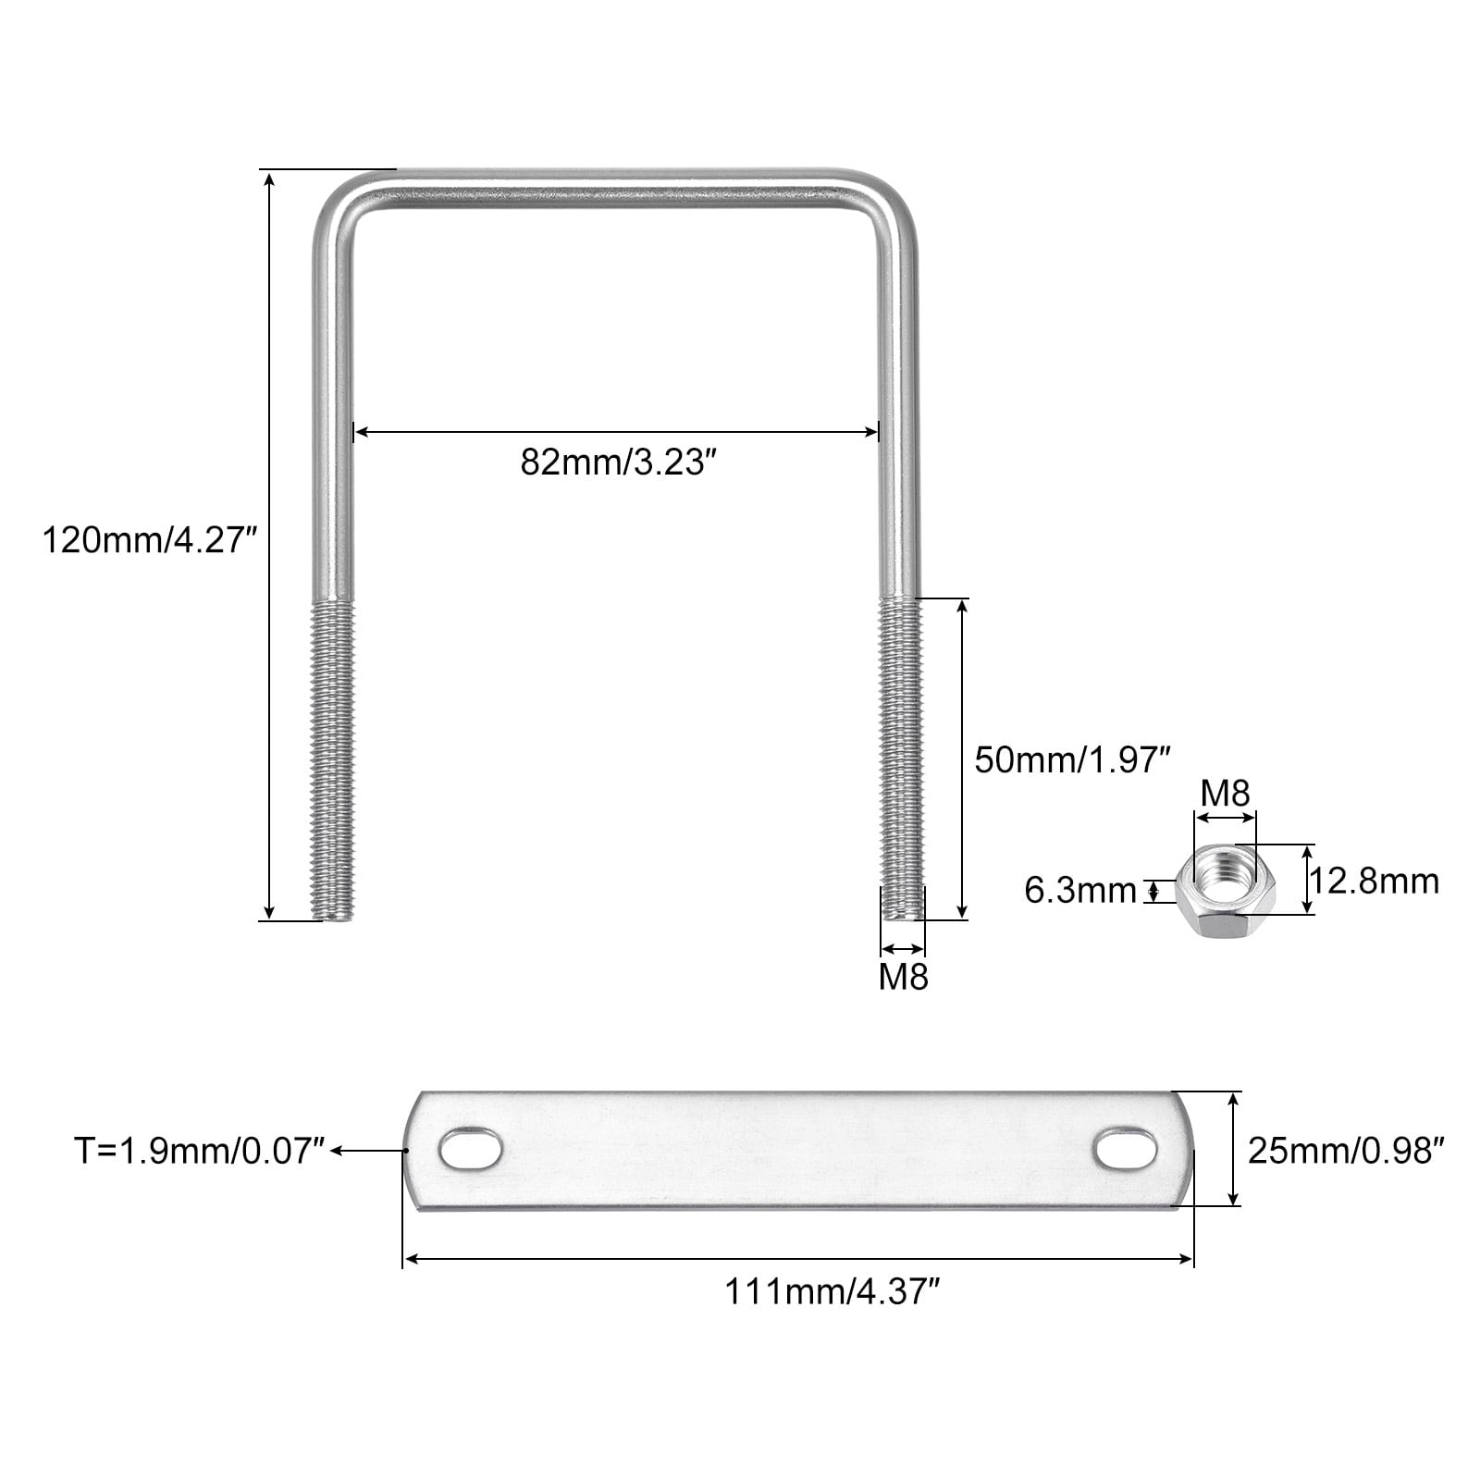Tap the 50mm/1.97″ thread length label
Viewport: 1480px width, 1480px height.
1073,760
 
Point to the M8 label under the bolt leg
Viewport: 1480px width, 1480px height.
903,977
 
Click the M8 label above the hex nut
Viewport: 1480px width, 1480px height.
1225,793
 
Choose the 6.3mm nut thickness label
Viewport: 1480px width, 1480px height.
1079,891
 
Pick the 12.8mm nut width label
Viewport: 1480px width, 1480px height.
1375,881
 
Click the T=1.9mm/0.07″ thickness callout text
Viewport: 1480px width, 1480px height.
200,1151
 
